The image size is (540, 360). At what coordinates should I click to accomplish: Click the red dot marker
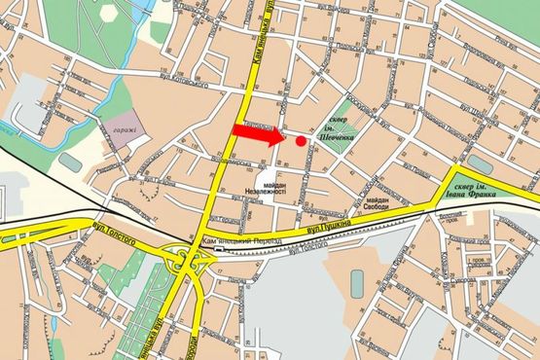click(301, 141)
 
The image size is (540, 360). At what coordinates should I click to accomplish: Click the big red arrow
click(256, 135)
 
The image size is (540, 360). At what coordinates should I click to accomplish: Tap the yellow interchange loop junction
click(186, 261)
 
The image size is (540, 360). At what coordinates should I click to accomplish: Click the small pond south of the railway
click(357, 282)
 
